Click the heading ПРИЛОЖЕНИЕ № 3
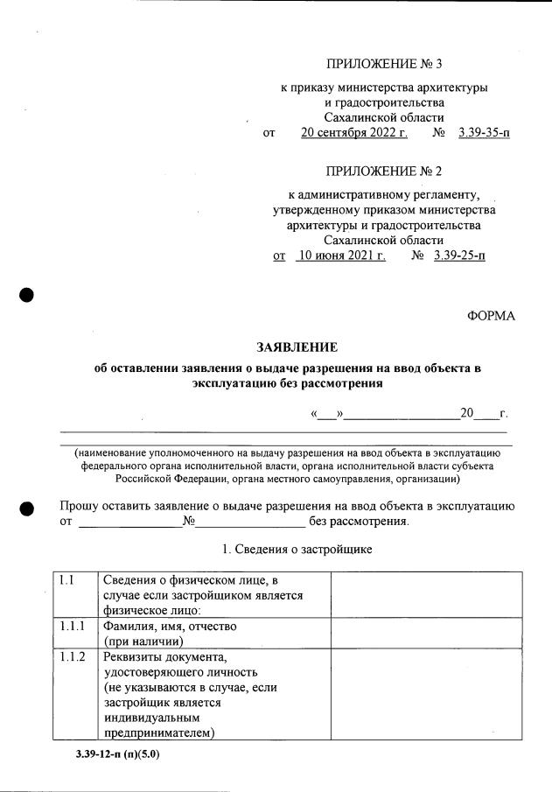point(383,64)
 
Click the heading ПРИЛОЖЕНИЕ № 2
point(383,170)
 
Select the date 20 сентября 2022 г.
point(354,133)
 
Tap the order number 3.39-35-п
point(484,133)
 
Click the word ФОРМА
point(491,316)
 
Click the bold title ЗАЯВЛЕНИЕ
point(296,347)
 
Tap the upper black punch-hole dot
point(27,294)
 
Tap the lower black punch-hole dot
point(27,508)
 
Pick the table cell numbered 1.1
point(66,580)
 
